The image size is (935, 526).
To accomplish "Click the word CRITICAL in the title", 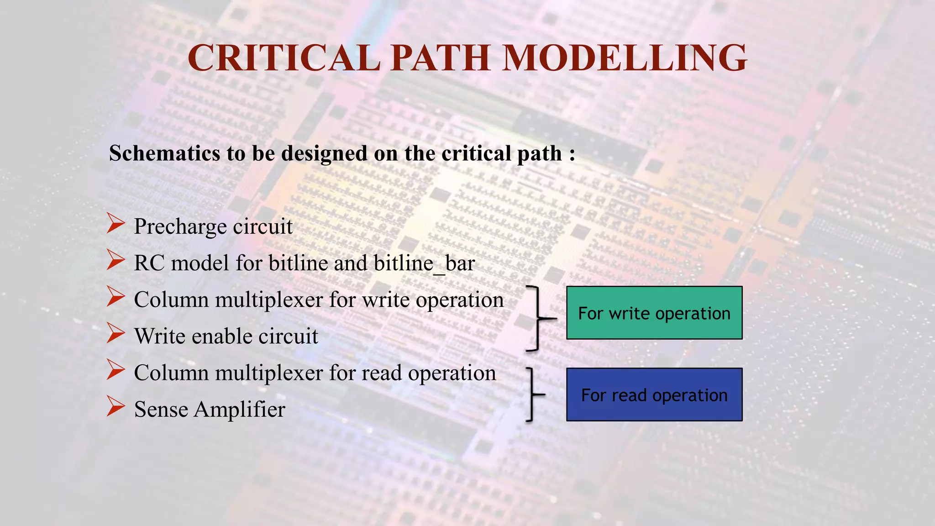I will pyautogui.click(x=284, y=58).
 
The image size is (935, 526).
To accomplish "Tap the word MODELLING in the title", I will pyautogui.click(x=624, y=58).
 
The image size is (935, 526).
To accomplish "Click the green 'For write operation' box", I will pyautogui.click(x=654, y=313).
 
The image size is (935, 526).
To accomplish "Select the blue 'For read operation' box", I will pyautogui.click(x=654, y=394).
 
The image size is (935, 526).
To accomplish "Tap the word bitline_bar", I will pyautogui.click(x=424, y=263).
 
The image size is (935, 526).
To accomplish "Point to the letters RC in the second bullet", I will pyautogui.click(x=149, y=263).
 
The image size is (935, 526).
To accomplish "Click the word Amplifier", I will pyautogui.click(x=239, y=410).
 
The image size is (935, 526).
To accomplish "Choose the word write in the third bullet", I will pyautogui.click(x=386, y=300).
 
